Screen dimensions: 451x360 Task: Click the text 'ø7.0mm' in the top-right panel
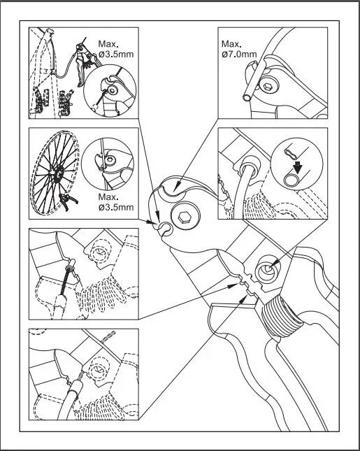(238, 54)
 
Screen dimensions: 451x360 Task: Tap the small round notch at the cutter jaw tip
(164, 228)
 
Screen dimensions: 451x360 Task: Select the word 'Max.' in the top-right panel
(231, 43)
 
